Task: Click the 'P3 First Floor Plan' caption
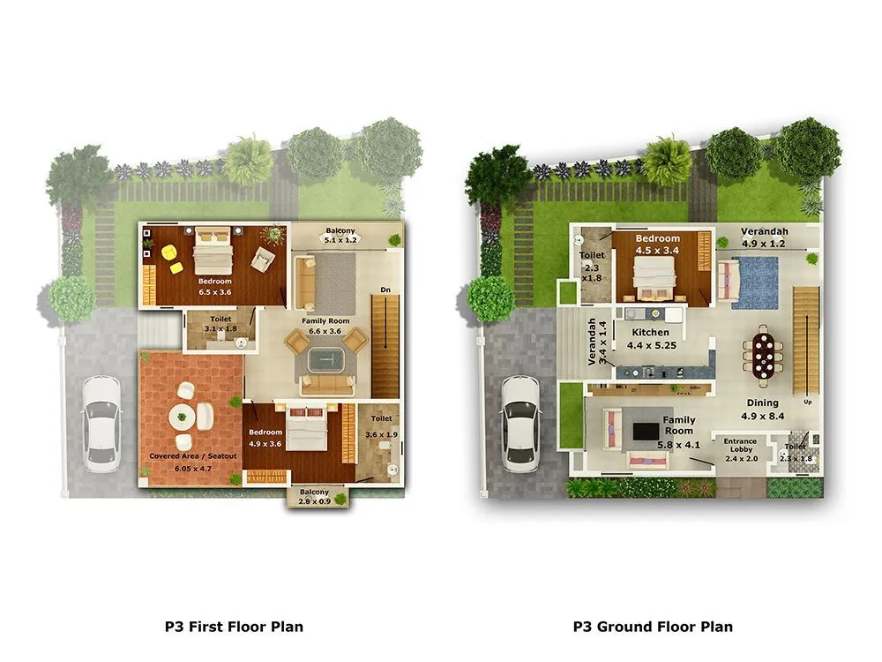click(x=234, y=627)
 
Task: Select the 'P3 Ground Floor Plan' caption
click(x=652, y=627)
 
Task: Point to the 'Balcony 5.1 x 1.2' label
click(x=341, y=234)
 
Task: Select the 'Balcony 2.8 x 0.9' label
click(x=314, y=497)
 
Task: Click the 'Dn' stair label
click(x=385, y=290)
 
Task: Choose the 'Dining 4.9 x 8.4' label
click(x=763, y=409)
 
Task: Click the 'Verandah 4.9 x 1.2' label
click(x=764, y=237)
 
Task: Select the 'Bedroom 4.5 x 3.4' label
click(x=658, y=244)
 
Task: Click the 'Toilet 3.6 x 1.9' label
click(x=381, y=425)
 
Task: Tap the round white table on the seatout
click(x=183, y=418)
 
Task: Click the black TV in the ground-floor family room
click(x=647, y=431)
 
